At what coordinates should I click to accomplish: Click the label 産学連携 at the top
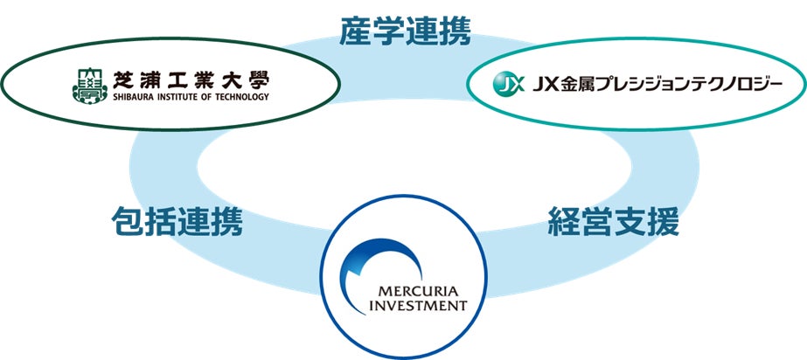click(x=405, y=32)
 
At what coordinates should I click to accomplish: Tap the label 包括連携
click(x=177, y=223)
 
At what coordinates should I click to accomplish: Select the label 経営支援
click(x=613, y=223)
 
